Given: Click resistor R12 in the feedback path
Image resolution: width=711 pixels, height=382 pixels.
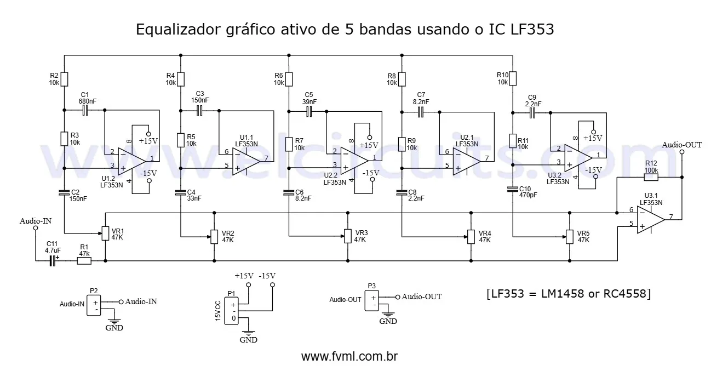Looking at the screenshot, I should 651,177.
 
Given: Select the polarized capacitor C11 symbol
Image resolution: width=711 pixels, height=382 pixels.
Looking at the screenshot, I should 53,261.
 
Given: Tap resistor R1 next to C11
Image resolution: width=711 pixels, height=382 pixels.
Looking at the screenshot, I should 84,261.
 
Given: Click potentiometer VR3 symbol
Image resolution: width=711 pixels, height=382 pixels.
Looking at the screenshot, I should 347,236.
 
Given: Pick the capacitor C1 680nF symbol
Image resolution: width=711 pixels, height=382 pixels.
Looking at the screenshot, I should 85,111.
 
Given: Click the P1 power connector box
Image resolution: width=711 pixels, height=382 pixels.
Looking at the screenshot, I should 233,311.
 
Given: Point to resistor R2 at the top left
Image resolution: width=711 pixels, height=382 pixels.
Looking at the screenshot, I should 65,79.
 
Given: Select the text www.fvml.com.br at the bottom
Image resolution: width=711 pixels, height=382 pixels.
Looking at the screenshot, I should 349,356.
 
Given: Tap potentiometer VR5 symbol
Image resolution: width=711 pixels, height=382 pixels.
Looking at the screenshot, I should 570,236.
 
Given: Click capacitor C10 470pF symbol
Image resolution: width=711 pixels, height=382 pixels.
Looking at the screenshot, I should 513,189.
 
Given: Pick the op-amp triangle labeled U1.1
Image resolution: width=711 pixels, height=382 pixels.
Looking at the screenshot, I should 245,160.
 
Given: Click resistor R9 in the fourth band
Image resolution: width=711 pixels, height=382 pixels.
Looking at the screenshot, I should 403,144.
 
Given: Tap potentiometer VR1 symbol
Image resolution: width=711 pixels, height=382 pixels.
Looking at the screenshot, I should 105,234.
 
